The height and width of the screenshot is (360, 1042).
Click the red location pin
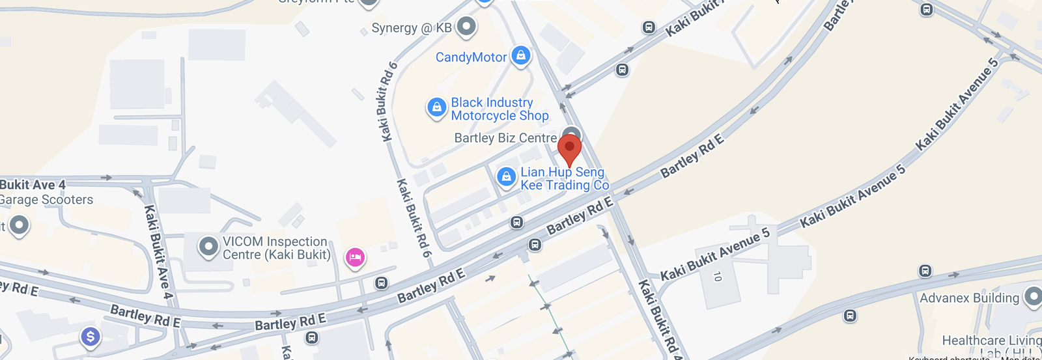point(569,148)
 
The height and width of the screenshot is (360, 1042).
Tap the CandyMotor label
point(471,57)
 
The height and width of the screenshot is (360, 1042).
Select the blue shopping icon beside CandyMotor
point(520,56)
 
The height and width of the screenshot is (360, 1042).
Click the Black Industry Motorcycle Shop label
point(500,109)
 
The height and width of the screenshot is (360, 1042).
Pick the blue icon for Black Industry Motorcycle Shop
point(436,107)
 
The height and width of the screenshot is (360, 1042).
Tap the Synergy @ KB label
point(411,28)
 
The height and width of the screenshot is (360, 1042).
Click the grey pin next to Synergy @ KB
point(466,27)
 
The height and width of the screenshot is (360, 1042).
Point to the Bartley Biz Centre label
point(505,138)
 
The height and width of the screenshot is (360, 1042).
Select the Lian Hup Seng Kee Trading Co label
point(564,178)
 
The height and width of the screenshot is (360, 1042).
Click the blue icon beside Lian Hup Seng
point(506,176)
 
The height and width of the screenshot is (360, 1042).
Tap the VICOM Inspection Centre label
point(276,248)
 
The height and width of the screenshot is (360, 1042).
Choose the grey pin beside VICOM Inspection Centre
point(208,247)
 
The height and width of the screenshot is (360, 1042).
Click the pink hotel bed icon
point(354,258)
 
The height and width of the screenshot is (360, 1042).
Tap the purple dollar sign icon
point(91,337)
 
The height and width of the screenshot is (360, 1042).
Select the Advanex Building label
point(969,298)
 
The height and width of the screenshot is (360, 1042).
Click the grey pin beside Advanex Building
point(1033,297)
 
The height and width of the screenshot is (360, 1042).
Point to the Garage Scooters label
point(47,200)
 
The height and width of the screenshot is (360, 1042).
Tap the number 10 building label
point(717,277)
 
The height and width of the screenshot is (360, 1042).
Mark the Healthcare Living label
point(991,340)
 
